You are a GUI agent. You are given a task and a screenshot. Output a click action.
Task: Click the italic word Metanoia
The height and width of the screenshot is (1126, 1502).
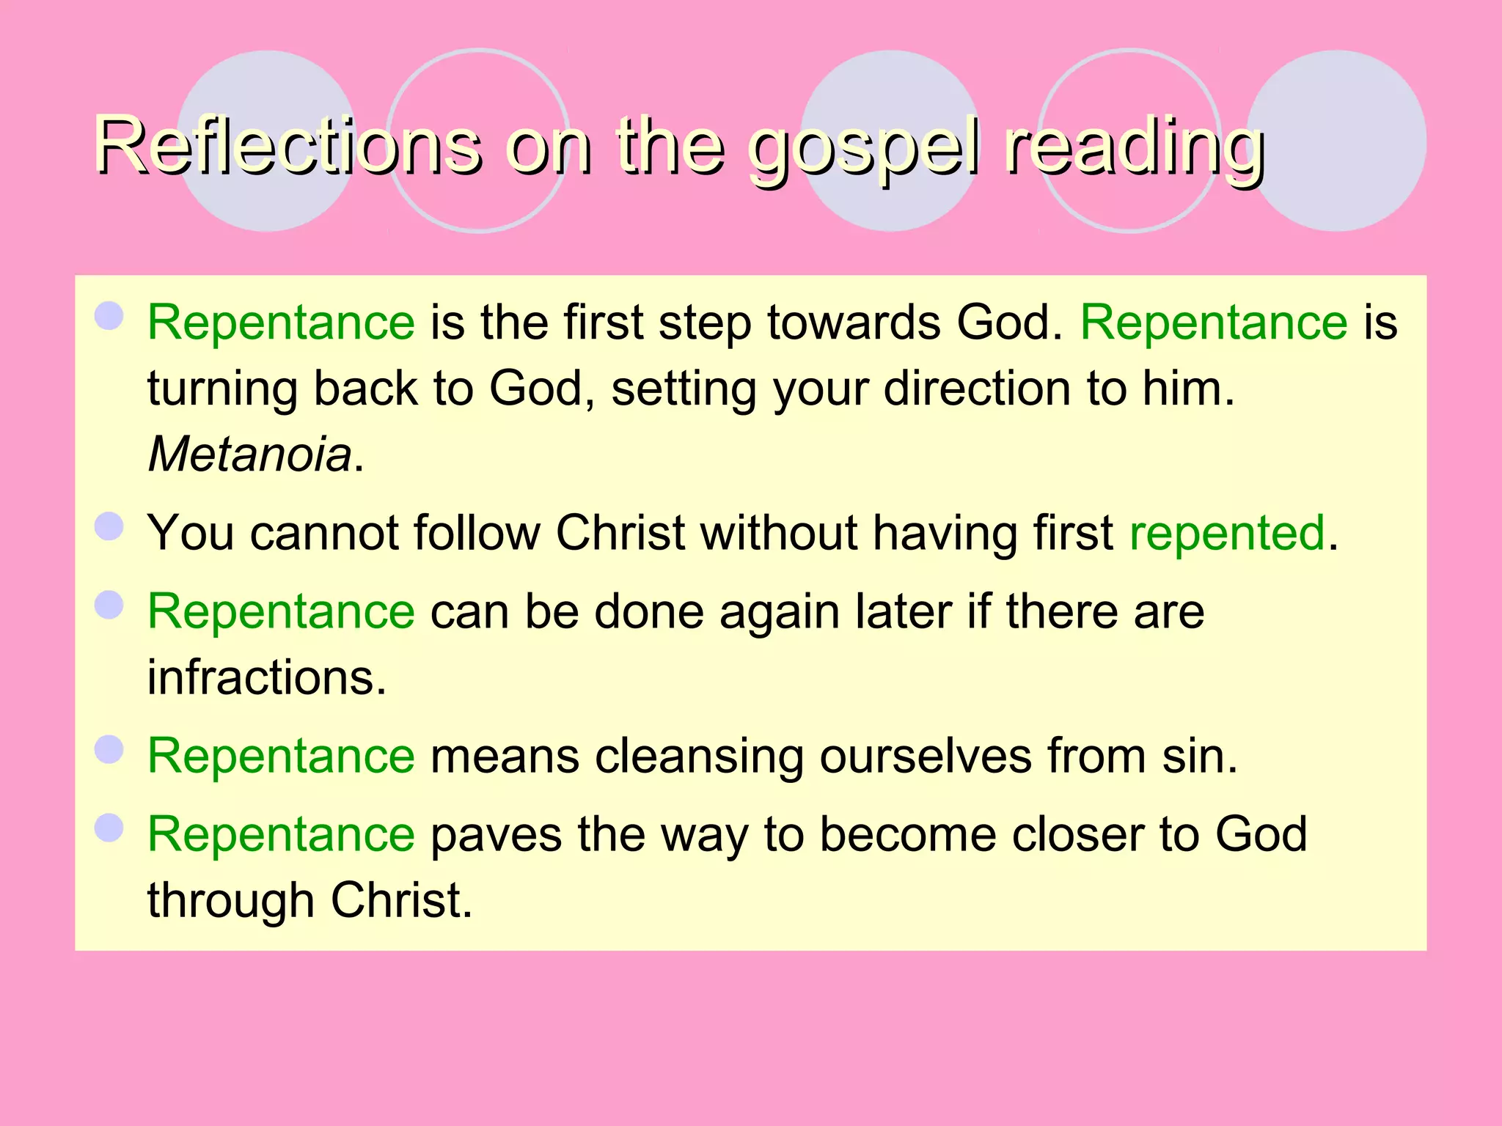click(250, 454)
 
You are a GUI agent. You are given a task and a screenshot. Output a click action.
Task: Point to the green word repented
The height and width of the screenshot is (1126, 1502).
click(1227, 532)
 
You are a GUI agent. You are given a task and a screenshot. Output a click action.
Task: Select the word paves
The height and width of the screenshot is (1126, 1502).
click(496, 835)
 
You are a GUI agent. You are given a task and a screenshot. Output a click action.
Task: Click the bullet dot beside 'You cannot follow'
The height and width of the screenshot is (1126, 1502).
click(109, 526)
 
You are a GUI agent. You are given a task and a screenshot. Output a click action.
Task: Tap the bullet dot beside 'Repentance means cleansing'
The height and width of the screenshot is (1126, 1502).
click(109, 750)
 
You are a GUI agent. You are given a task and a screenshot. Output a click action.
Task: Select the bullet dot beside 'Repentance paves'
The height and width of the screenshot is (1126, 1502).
click(109, 828)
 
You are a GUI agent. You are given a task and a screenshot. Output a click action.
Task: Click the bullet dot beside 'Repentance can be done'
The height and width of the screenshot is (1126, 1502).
click(109, 606)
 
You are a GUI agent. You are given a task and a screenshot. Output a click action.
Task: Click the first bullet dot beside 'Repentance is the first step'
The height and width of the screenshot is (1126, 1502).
click(109, 317)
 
